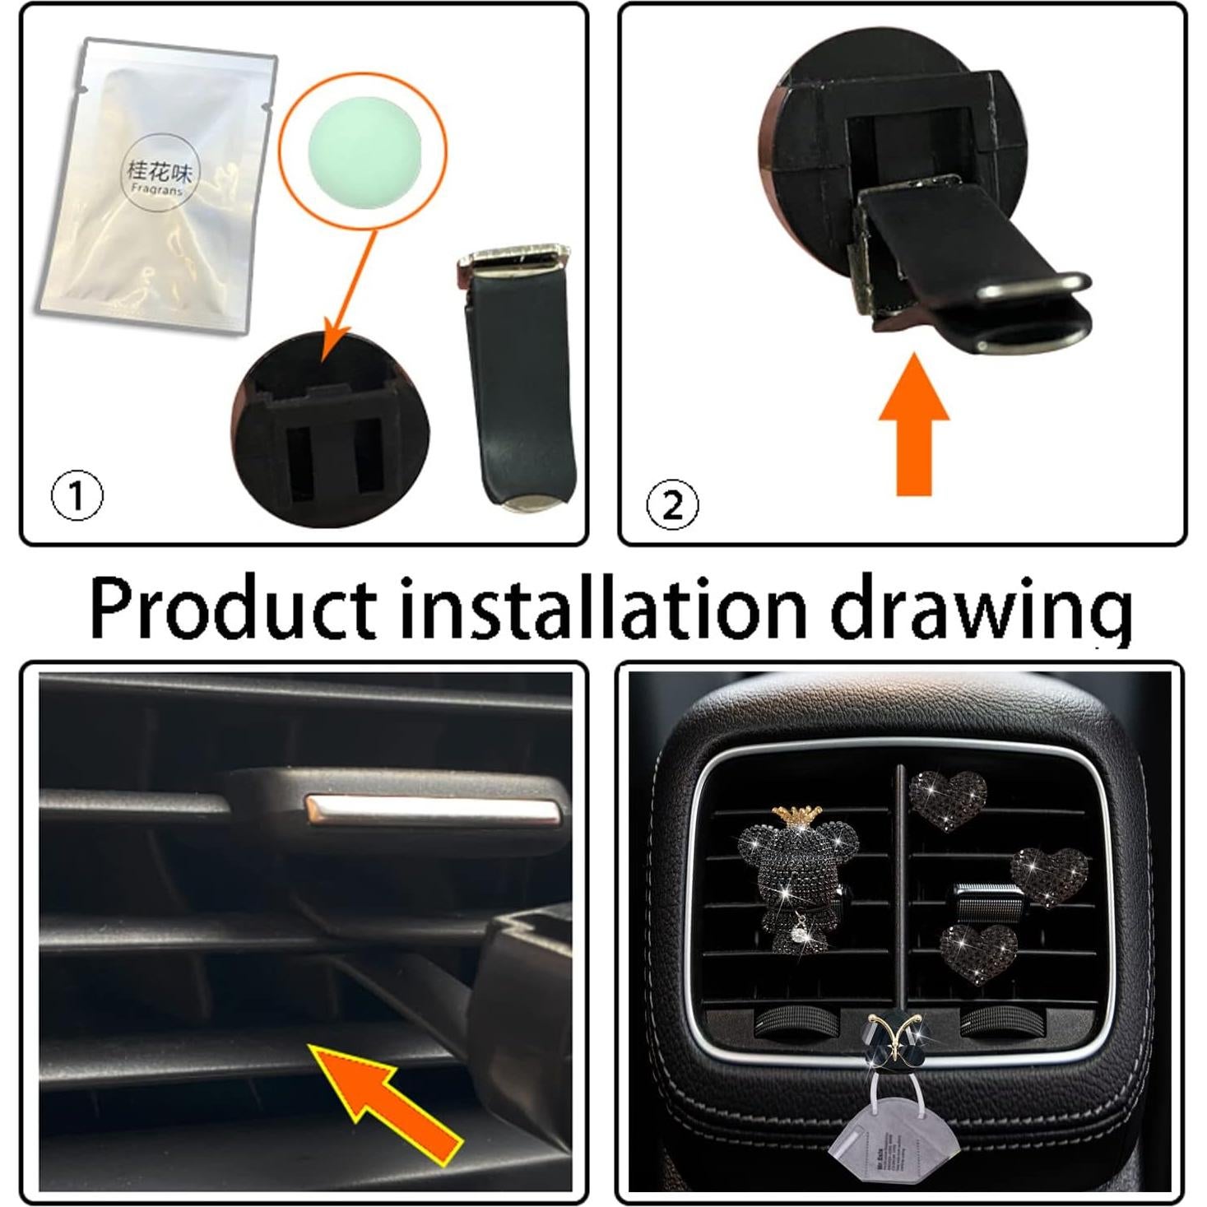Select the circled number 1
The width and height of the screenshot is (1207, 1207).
pyautogui.click(x=77, y=496)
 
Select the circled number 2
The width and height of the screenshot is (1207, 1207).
pyautogui.click(x=672, y=504)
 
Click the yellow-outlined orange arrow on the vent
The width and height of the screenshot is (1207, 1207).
pyautogui.click(x=387, y=1098)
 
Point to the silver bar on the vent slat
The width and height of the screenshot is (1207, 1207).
pyautogui.click(x=433, y=810)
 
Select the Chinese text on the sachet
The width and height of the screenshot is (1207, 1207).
pyautogui.click(x=159, y=171)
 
